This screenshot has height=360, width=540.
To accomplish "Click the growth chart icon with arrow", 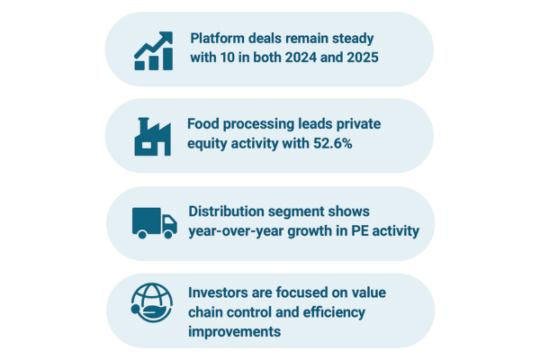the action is point(154,51).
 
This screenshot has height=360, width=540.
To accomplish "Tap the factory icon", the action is point(153,137).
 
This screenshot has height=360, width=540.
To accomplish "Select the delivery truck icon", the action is point(155,223).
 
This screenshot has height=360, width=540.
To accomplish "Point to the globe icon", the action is point(152,302).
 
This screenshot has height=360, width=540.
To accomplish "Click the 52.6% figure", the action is point(333,143).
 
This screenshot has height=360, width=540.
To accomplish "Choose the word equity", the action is point(207,144).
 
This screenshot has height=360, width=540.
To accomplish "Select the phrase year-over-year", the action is point(236,231).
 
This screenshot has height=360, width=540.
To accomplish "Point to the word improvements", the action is point(235,332).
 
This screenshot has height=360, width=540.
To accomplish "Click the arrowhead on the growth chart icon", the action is point(166,37).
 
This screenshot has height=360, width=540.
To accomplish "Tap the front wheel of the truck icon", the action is point(168,234).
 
